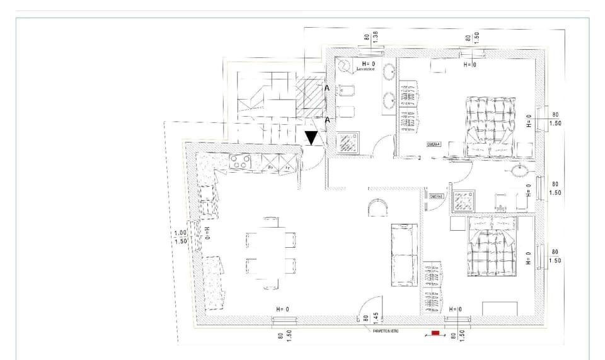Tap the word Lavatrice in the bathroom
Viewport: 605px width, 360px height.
(366, 69)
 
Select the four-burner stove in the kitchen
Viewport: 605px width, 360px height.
(239, 162)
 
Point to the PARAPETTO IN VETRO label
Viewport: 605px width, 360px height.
(382, 330)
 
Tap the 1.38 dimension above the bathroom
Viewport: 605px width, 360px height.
(374, 37)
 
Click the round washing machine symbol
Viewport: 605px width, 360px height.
(345, 65)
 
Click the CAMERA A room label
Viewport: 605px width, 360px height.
(434, 144)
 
